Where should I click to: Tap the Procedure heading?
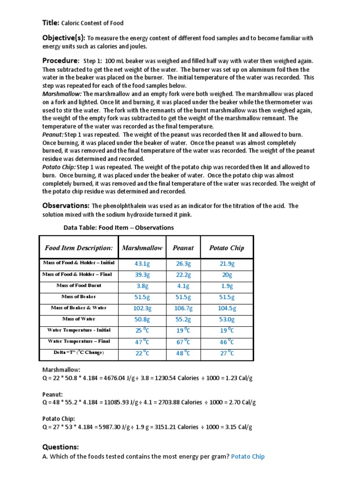60,60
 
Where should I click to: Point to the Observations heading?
66,205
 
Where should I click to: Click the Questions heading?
60,447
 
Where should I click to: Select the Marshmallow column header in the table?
142,247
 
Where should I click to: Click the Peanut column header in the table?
183,247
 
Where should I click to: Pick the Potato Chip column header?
226,247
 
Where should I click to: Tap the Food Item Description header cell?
79,247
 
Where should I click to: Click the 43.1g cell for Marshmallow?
142,264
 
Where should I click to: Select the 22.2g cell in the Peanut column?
183,275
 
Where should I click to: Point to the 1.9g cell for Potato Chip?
227,285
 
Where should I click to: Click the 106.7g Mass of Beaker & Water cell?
183,308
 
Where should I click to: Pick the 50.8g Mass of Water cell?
142,319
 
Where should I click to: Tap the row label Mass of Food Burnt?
79,285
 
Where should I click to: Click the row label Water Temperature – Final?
79,341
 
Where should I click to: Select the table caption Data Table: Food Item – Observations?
119,228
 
